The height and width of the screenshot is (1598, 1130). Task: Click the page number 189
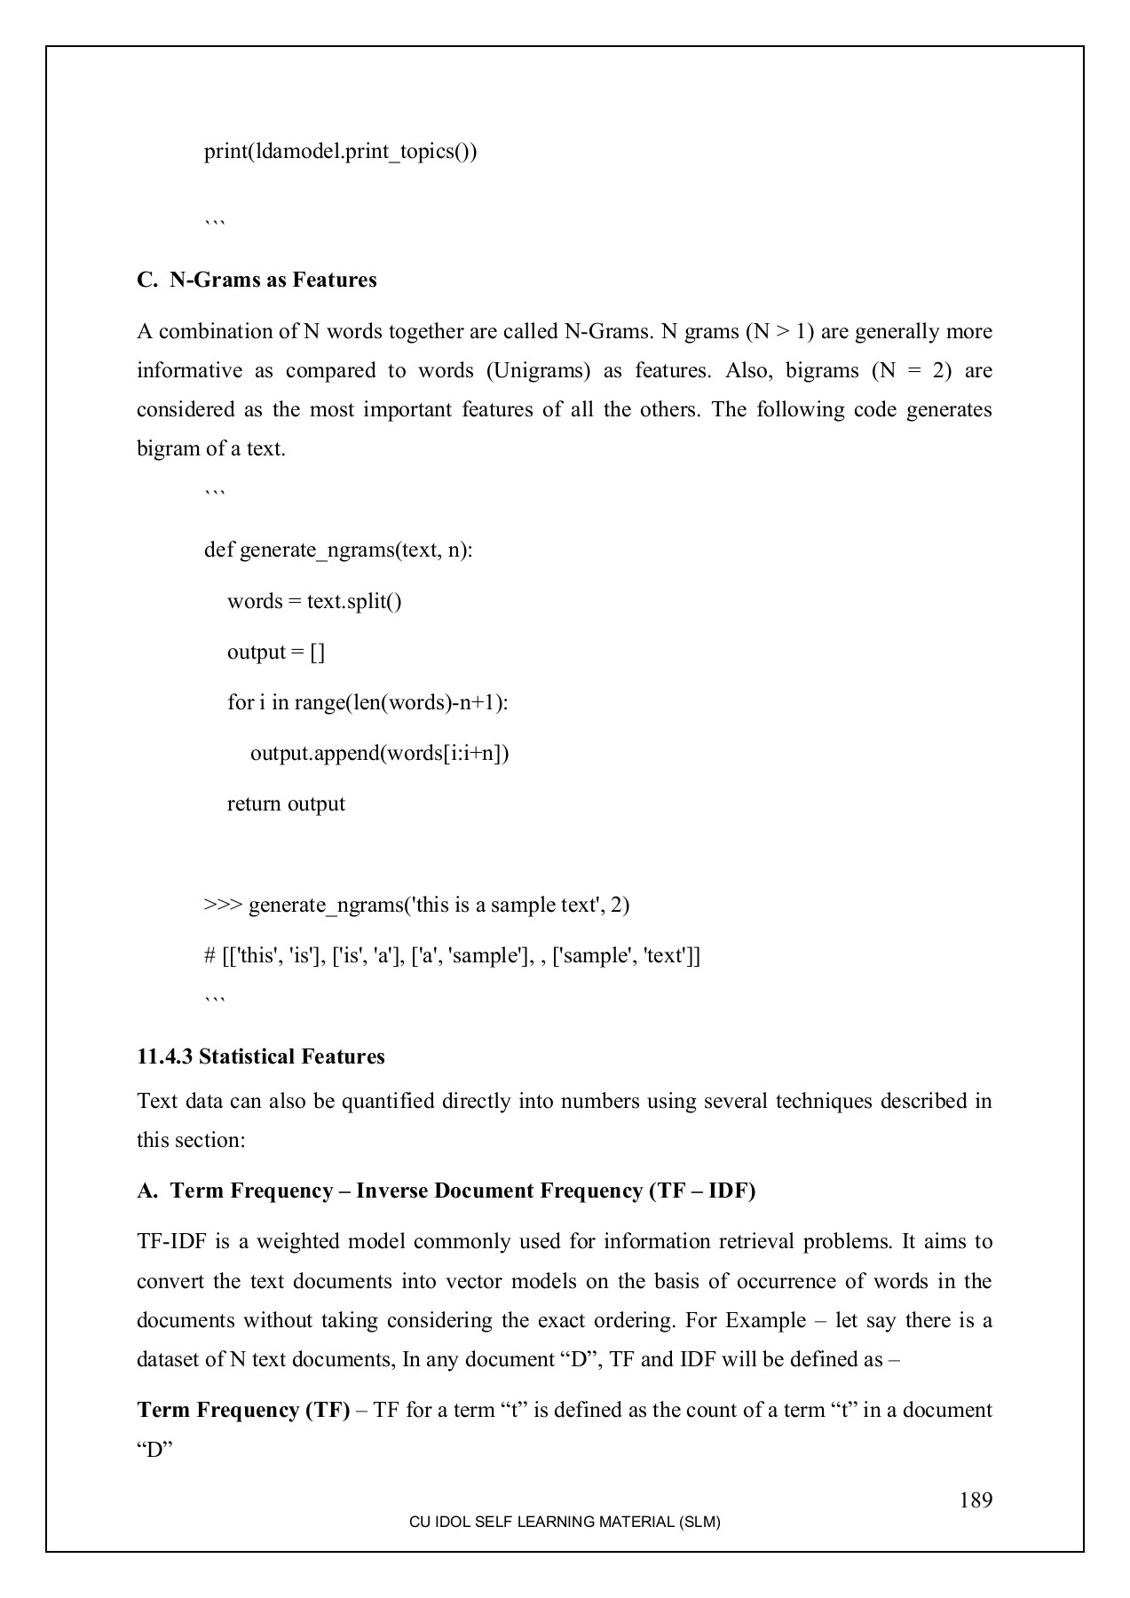pyautogui.click(x=975, y=1500)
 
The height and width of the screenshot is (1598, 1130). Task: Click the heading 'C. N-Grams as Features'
pyautogui.click(x=257, y=280)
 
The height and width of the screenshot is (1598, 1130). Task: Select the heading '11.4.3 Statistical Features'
pyautogui.click(x=261, y=1056)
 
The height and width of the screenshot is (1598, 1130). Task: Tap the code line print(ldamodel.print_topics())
pyautogui.click(x=340, y=151)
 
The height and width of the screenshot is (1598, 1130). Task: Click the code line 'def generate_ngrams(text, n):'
pyautogui.click(x=338, y=550)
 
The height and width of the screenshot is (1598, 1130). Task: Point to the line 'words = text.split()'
pyautogui.click(x=314, y=601)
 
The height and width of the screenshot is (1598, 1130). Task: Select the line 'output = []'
pyautogui.click(x=276, y=652)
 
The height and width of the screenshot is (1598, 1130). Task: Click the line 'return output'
pyautogui.click(x=286, y=803)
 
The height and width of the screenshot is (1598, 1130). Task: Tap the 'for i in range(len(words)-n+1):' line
pyautogui.click(x=367, y=702)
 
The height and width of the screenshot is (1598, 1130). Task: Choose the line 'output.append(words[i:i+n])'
pyautogui.click(x=379, y=753)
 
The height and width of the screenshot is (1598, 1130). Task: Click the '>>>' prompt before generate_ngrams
pyautogui.click(x=223, y=905)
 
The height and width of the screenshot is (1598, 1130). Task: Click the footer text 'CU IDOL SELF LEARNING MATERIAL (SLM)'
pyautogui.click(x=565, y=1522)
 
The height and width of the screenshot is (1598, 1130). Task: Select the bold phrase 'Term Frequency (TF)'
pyautogui.click(x=243, y=1410)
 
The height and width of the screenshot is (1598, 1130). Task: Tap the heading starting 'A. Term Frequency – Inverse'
pyautogui.click(x=446, y=1191)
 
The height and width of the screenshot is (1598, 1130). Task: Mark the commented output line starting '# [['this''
pyautogui.click(x=452, y=955)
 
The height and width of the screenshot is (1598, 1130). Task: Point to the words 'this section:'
pyautogui.click(x=191, y=1140)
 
